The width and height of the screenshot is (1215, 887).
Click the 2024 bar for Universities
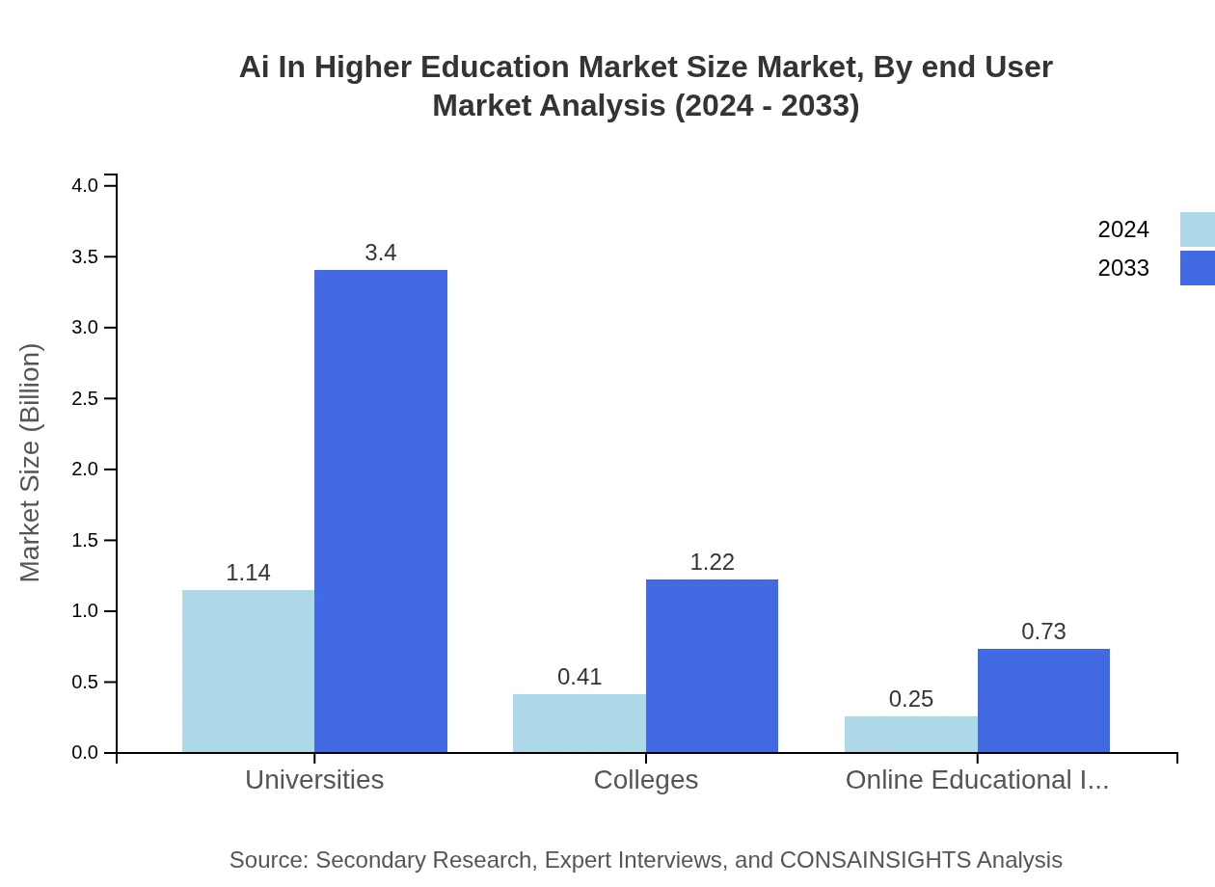point(248,671)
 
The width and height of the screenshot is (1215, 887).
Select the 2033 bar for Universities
point(381,511)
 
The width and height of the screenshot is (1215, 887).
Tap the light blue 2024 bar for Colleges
point(580,723)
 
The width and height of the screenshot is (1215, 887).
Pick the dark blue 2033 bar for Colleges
point(712,665)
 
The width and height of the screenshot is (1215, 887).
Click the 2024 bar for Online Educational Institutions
point(911,734)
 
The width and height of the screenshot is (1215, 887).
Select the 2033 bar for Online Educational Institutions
point(1043,700)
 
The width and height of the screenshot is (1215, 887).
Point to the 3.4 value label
point(381,253)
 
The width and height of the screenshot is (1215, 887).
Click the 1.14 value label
point(248,573)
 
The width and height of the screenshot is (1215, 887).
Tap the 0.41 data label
point(580,677)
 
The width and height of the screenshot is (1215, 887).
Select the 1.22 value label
point(712,562)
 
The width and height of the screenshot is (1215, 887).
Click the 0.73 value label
point(1043,632)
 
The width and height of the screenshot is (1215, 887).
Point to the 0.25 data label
point(911,699)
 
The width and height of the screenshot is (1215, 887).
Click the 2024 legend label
point(1123,229)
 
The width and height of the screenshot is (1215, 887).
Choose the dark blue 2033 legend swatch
point(1197,268)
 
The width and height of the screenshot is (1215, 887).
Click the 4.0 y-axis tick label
point(86,185)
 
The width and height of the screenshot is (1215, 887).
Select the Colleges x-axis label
point(646,779)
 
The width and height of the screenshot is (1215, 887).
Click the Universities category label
point(314,779)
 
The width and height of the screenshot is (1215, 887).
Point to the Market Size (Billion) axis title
point(31,463)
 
